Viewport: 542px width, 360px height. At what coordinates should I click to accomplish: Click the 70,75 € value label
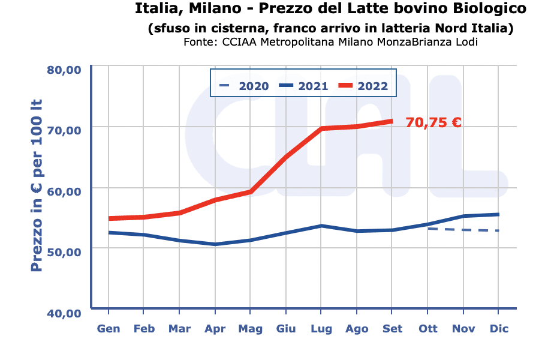[433, 122]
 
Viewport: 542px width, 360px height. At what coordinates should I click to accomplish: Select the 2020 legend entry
[245, 86]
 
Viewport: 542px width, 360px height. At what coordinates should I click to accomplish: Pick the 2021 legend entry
[303, 86]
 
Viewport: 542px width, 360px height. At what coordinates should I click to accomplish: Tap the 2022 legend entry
[363, 86]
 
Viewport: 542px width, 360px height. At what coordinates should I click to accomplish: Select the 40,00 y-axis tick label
[64, 313]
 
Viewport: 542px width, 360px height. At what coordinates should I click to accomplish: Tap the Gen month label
[109, 329]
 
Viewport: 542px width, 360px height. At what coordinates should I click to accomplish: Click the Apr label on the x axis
[215, 329]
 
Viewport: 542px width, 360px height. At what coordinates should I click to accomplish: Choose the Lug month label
[321, 329]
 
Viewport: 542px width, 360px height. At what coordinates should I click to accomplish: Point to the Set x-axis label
[392, 329]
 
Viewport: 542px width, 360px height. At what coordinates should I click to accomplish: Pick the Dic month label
[499, 329]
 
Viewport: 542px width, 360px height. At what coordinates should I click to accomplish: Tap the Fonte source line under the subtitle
[331, 43]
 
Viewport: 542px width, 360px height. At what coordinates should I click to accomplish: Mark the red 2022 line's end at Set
[392, 121]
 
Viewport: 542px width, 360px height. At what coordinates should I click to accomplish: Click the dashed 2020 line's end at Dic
[498, 230]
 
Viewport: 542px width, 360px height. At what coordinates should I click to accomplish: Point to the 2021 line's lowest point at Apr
[215, 244]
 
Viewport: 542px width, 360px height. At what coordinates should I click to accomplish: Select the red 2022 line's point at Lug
[321, 128]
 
